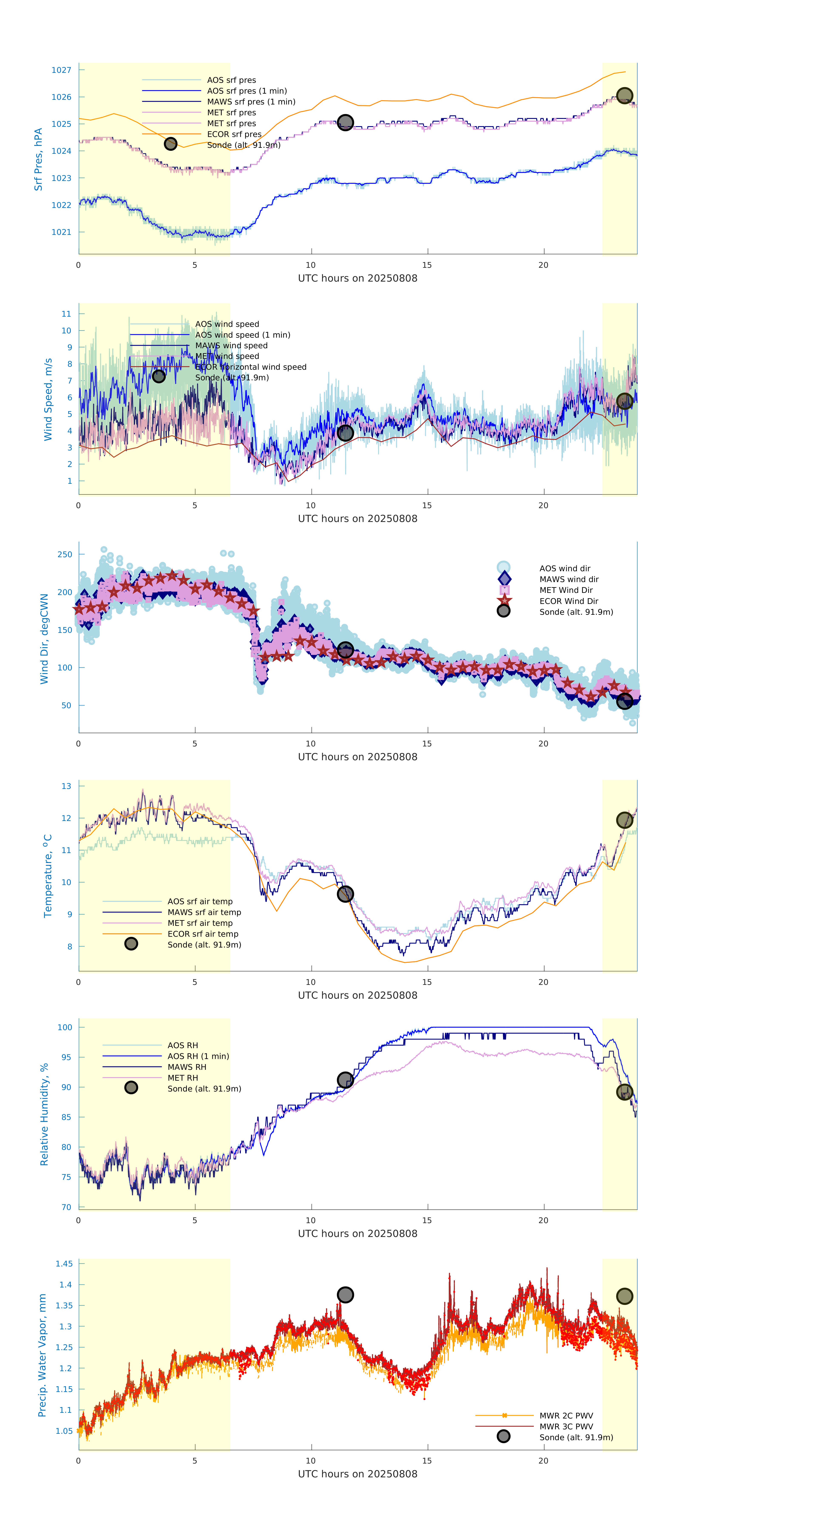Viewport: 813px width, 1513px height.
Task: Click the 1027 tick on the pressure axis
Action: click(x=61, y=70)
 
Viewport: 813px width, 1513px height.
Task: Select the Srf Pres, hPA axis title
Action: click(x=38, y=159)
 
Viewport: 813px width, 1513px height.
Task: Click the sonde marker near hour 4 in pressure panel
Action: click(x=170, y=144)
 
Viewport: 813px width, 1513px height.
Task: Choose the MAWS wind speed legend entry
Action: click(x=231, y=345)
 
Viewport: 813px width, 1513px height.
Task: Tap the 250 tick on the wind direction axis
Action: click(x=65, y=554)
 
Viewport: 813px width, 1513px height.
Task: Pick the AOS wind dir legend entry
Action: click(x=564, y=568)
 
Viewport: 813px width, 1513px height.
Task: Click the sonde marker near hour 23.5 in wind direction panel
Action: click(x=624, y=701)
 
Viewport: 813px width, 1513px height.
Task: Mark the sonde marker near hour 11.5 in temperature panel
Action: click(x=345, y=894)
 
